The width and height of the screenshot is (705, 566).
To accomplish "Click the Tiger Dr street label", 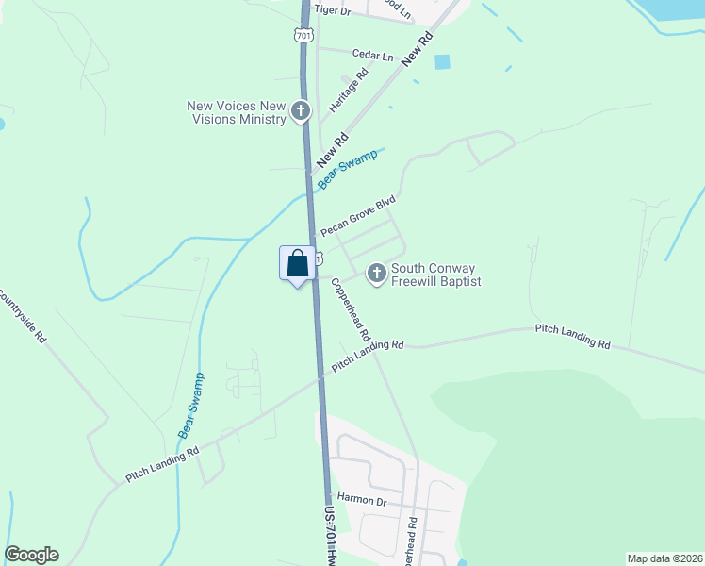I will point(332,11).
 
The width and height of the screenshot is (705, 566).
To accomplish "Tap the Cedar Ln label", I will point(372,56).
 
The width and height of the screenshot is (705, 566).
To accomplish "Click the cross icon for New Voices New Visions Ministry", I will point(301,112).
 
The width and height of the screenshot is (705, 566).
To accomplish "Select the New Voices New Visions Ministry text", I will point(236,113).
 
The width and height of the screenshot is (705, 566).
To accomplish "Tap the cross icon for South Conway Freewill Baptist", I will point(376,274).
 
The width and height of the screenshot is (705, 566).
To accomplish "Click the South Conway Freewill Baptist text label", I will point(435,275).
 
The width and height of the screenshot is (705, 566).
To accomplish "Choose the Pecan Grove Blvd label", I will point(356,216).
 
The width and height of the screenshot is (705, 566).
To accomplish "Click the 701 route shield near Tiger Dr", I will point(302,36).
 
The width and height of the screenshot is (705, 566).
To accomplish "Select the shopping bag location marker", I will point(298,263).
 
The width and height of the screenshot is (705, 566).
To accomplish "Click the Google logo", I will point(31,555).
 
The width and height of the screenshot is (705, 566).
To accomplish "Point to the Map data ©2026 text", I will point(664,558).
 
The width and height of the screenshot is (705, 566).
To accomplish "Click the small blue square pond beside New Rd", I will point(442,62).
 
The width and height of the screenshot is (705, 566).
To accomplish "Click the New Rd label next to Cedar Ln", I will point(416,48).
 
